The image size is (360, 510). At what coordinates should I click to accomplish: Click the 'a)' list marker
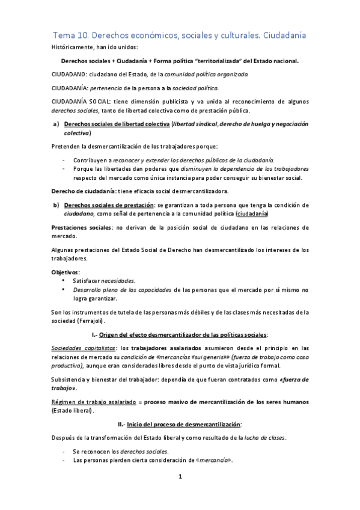click(x=56, y=124)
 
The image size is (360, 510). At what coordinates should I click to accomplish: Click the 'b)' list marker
click(x=56, y=204)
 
